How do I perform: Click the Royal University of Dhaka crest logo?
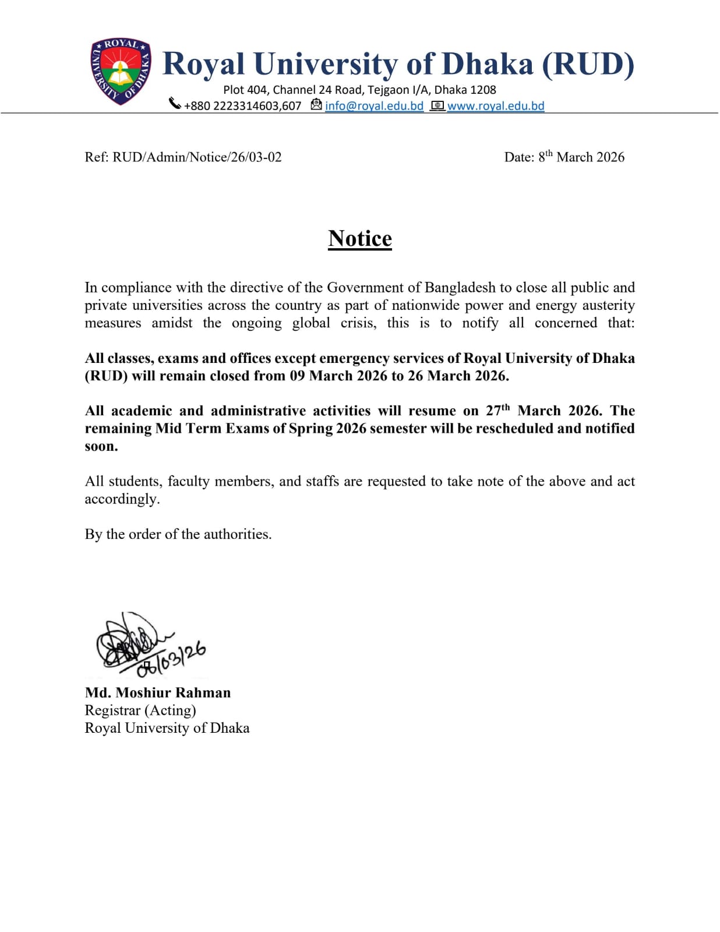[x=121, y=71]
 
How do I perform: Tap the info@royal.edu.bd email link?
[x=374, y=106]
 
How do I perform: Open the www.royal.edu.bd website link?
[x=495, y=106]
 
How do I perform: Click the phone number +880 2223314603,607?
[x=242, y=106]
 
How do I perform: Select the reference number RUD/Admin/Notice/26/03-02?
[x=197, y=157]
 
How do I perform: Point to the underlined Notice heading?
[x=360, y=239]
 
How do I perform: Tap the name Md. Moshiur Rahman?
[x=158, y=693]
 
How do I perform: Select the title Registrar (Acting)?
[x=140, y=710]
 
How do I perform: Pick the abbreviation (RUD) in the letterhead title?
[x=588, y=64]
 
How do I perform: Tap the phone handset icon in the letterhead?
[x=175, y=104]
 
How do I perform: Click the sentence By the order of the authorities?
[x=178, y=534]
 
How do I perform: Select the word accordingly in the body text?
[x=122, y=499]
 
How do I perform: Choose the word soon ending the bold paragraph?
[x=101, y=446]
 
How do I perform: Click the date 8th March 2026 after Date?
[x=581, y=157]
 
